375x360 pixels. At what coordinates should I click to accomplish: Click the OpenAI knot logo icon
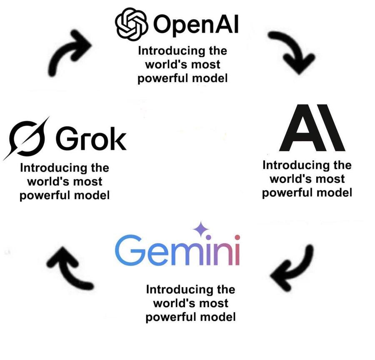click(131, 24)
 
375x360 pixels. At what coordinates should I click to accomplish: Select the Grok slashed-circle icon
click(26, 138)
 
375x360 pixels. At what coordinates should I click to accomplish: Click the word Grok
click(91, 138)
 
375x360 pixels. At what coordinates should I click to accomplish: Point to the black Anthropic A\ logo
click(312, 128)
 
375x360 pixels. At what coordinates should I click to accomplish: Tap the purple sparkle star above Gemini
click(201, 228)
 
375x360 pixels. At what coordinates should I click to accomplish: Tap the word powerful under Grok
click(45, 196)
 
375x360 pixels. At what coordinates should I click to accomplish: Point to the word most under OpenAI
click(206, 65)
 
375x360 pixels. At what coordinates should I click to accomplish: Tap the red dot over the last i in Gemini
click(237, 237)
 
